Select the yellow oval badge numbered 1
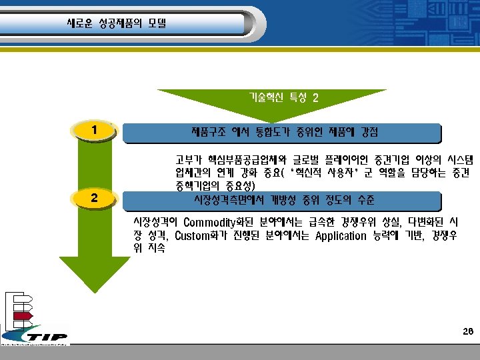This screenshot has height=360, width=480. click(96, 129)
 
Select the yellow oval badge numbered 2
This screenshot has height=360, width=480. click(96, 198)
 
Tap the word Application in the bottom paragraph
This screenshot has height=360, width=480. click(341, 235)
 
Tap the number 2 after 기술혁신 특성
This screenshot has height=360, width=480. click(315, 97)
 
